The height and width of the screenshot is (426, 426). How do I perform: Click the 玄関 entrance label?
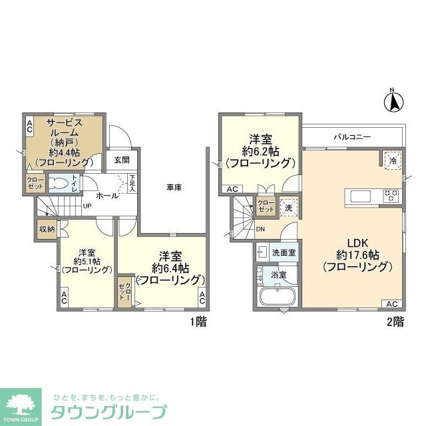(x=121, y=160)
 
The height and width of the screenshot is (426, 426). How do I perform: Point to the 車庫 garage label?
(x=174, y=188)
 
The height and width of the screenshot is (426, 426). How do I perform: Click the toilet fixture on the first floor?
(x=61, y=183)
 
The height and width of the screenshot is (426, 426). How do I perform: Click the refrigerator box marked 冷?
(x=393, y=160)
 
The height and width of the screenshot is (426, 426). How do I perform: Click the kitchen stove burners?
(x=392, y=196)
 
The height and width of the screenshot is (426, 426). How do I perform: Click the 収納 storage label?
(x=47, y=229)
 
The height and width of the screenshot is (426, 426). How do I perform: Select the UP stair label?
(x=87, y=205)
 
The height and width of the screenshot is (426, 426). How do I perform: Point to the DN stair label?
(x=260, y=230)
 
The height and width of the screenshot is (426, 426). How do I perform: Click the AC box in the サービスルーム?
(x=29, y=126)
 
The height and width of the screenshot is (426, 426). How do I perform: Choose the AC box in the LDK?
(x=392, y=304)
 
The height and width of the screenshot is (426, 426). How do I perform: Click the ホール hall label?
(x=107, y=196)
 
